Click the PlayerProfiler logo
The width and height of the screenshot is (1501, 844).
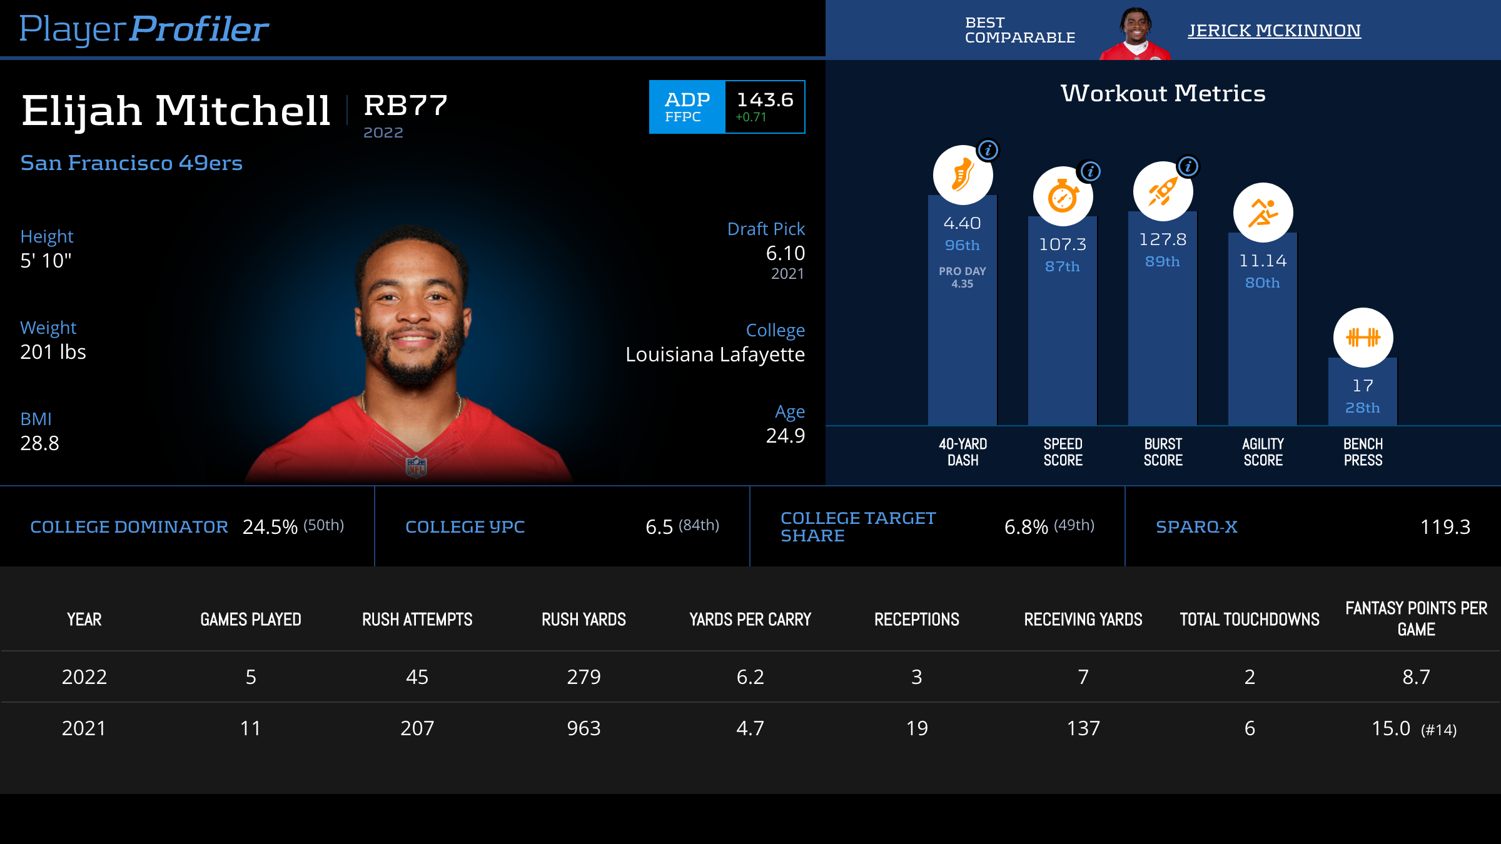144,29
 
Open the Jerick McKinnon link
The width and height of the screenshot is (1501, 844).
1274,30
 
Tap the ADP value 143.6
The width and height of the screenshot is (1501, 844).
764,100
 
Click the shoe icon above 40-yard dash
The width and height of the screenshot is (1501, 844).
963,175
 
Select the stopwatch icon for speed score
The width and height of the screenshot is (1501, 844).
1063,196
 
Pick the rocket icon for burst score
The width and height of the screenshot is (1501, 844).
1163,191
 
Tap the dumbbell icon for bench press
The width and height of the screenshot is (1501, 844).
1363,338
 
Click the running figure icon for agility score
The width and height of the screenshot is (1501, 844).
1263,213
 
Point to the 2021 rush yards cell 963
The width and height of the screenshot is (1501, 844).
584,728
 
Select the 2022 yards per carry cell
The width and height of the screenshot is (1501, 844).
750,677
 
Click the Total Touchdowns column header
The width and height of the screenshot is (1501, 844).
1249,620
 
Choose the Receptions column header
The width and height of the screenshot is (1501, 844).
916,620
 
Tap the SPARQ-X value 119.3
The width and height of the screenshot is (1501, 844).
1445,527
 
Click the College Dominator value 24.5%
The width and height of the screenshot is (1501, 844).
270,527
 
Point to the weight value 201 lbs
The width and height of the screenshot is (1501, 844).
53,352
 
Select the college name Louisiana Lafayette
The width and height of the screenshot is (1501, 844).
715,354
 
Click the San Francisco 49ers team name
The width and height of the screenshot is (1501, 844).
131,163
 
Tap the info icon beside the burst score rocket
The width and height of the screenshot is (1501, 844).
1188,166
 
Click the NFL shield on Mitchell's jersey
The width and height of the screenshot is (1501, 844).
416,466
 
